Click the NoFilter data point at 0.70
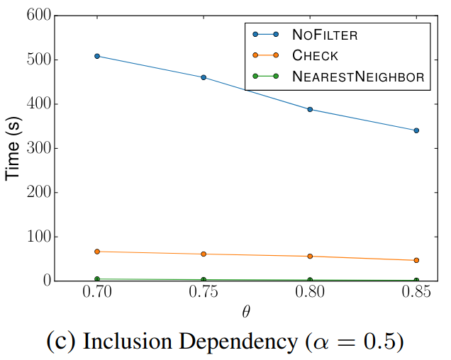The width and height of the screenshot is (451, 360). click(x=97, y=56)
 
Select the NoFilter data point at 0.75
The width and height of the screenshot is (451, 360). click(x=204, y=77)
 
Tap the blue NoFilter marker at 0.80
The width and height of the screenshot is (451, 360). click(x=310, y=109)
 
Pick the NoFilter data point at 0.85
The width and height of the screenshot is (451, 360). click(x=416, y=130)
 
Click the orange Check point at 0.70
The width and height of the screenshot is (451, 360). click(x=97, y=252)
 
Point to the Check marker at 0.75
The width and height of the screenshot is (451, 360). click(x=204, y=254)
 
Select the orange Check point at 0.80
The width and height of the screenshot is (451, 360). click(x=310, y=256)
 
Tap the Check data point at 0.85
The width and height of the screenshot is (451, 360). click(x=416, y=260)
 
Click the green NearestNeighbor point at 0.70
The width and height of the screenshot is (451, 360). click(x=97, y=279)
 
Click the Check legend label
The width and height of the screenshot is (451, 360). click(x=315, y=55)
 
